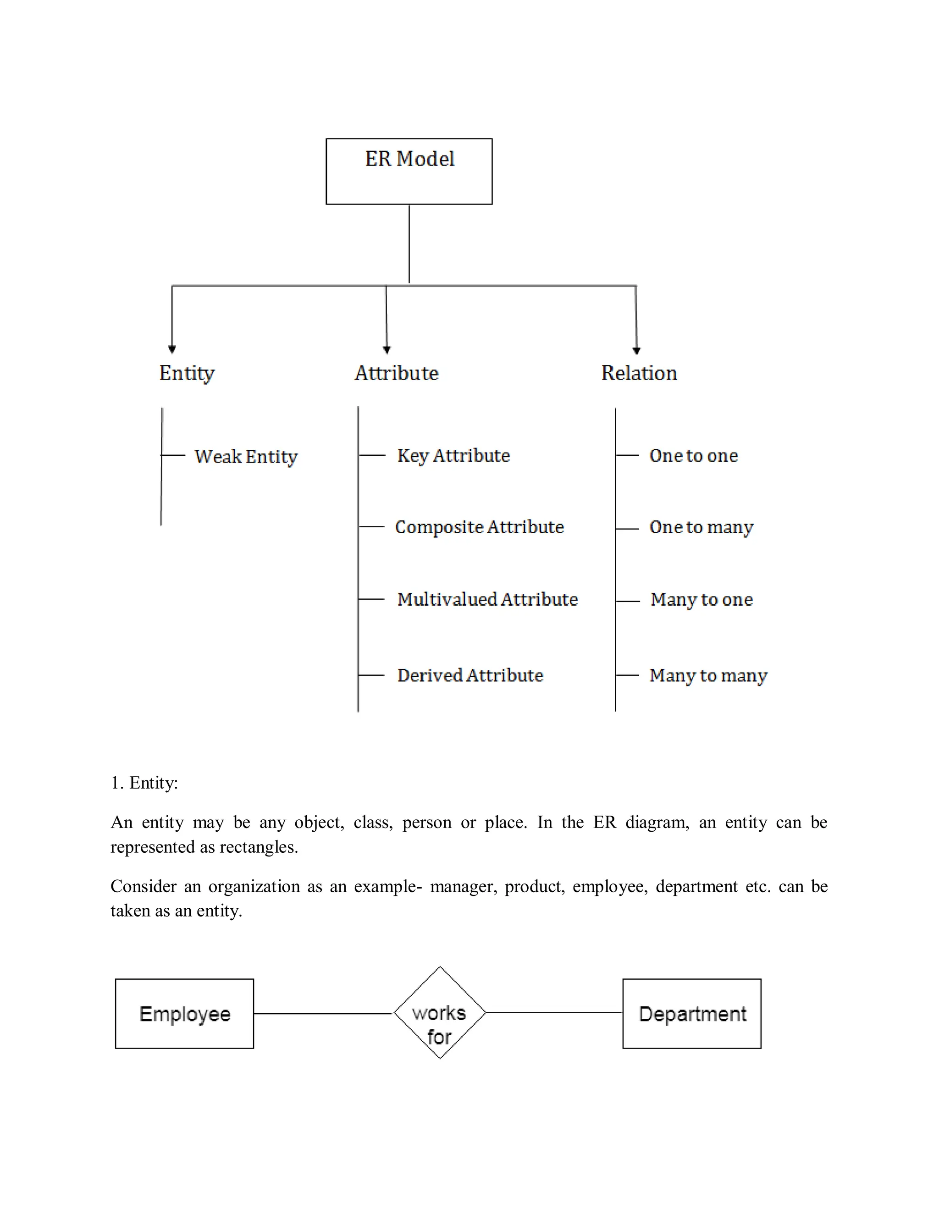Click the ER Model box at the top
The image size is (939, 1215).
click(409, 171)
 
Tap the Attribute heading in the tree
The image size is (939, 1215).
click(396, 373)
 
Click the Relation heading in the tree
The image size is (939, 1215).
click(639, 373)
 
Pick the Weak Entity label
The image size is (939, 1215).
click(246, 457)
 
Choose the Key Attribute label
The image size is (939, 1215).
click(453, 456)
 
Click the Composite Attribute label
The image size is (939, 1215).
click(479, 527)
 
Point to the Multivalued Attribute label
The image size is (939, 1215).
click(487, 599)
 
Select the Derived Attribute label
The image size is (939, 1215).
click(470, 675)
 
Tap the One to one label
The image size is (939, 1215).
click(693, 456)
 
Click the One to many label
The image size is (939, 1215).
click(701, 527)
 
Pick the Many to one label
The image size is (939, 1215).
click(701, 599)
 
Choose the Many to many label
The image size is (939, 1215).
click(707, 675)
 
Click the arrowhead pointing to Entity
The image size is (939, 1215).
click(172, 349)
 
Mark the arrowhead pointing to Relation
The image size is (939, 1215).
click(636, 350)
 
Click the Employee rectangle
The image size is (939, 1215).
click(185, 1014)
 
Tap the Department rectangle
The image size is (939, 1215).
click(691, 1014)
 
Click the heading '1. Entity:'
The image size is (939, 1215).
click(144, 783)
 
